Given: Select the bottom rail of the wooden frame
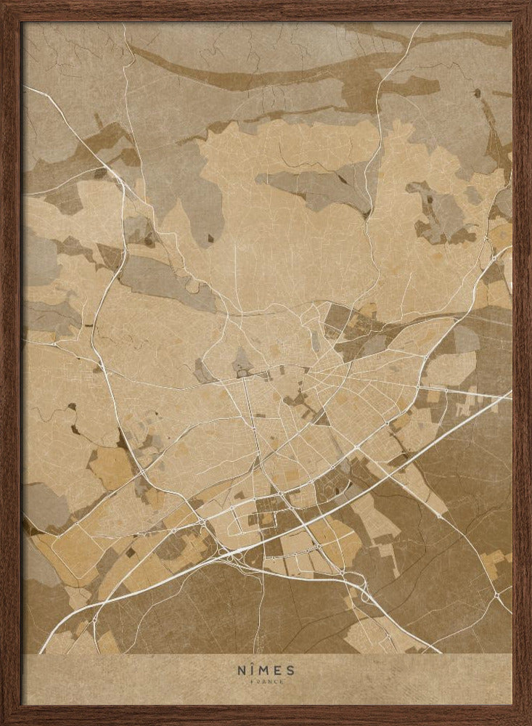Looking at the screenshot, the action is point(266,714).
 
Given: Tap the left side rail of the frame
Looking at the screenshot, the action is point(10,363).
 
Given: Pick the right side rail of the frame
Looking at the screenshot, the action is point(521,363).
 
